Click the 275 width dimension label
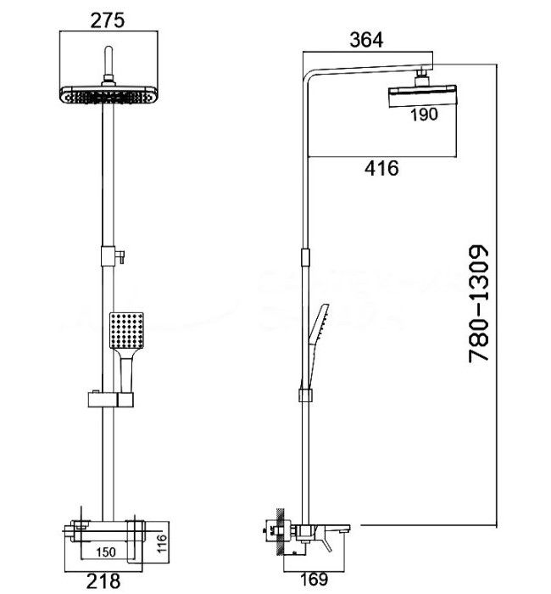[107, 20]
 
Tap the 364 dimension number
[366, 40]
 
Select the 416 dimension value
[381, 168]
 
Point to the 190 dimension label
[424, 114]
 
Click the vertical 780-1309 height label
[478, 304]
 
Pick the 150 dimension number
[106, 552]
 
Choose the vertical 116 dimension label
[161, 543]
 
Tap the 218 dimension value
[103, 580]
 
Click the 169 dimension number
[314, 579]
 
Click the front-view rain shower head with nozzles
[109, 95]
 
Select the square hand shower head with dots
[126, 330]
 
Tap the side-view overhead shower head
[422, 96]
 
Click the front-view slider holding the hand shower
[111, 399]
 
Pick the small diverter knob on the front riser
[120, 256]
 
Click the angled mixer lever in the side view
[325, 543]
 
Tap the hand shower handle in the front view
[126, 371]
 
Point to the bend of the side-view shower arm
[309, 78]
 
